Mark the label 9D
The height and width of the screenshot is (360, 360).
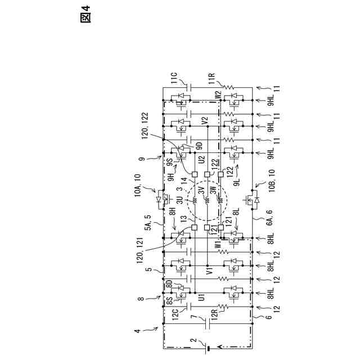[x=199, y=146]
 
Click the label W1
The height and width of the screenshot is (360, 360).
[x=219, y=245]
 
